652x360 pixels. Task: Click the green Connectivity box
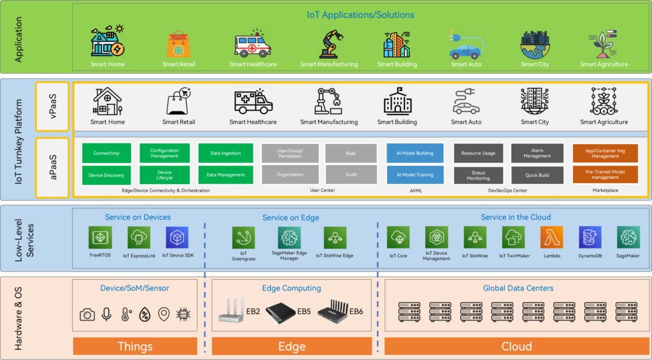pos(106,153)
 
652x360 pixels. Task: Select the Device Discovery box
pos(106,175)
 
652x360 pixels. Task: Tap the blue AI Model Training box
pos(415,175)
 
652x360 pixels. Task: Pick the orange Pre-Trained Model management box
pos(604,175)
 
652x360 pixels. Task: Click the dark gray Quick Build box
pos(537,175)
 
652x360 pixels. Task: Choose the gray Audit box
pos(351,175)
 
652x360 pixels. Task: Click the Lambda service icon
pos(551,238)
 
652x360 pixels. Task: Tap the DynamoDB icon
pos(590,238)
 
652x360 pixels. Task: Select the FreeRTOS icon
pos(100,238)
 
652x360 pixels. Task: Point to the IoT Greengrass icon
pos(243,238)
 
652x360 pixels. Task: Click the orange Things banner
pos(135,347)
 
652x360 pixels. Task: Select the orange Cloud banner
pos(516,347)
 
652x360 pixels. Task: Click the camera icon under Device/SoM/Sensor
pos(87,314)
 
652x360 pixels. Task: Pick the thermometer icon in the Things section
pos(125,314)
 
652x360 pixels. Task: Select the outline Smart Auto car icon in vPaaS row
pos(466,102)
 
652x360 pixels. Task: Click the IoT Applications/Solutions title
pos(360,15)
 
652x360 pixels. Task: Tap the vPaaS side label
pos(53,100)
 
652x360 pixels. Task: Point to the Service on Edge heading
pos(290,218)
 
